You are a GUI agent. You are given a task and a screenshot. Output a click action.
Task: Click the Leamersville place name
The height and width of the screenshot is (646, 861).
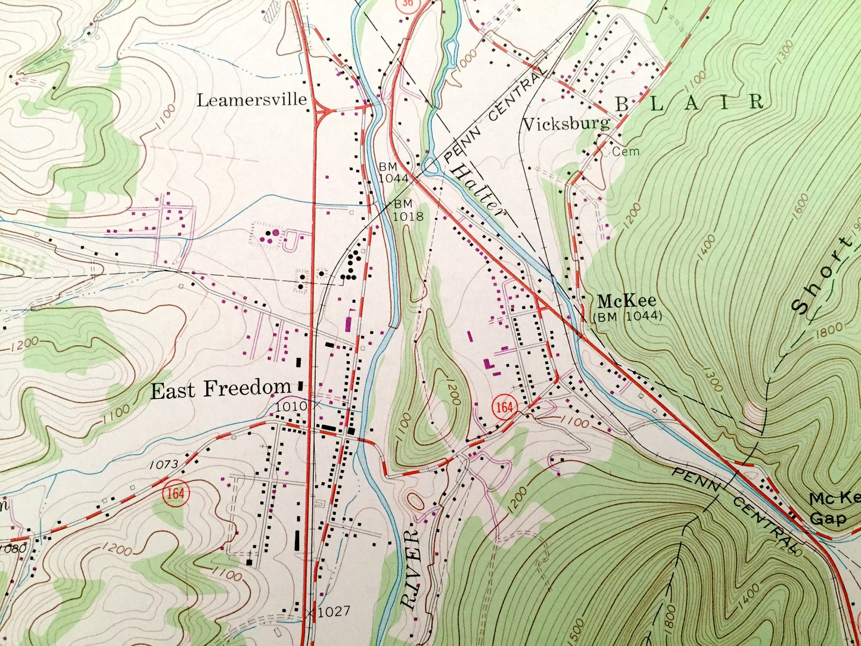[x=251, y=100]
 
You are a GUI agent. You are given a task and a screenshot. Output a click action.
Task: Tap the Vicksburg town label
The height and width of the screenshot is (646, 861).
[x=566, y=124]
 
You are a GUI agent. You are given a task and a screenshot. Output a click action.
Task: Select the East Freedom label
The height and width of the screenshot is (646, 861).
[x=220, y=390]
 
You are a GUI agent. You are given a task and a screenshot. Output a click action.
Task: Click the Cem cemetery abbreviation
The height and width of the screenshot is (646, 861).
[x=626, y=151]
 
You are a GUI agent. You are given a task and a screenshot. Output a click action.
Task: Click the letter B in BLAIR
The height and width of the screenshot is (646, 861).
[x=621, y=104]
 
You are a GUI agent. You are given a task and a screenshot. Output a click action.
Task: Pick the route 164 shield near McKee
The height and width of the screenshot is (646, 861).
[x=503, y=408]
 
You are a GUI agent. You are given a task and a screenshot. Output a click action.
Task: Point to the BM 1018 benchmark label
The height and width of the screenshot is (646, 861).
[x=408, y=210]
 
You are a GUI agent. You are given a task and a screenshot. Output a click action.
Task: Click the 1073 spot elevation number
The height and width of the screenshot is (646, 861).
[x=164, y=464]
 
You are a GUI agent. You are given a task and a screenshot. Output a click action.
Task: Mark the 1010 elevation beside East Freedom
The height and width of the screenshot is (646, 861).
[x=291, y=406]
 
